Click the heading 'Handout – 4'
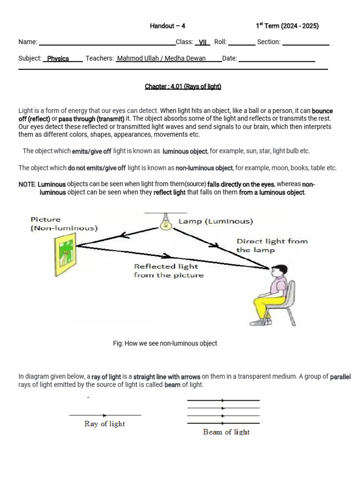click(x=167, y=26)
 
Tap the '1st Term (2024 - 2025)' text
click(x=287, y=26)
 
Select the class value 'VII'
click(x=202, y=42)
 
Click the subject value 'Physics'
click(x=58, y=59)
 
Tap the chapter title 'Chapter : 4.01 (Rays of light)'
click(x=183, y=86)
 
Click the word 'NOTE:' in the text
click(x=27, y=184)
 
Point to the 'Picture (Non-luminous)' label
click(x=64, y=224)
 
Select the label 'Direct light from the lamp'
click(x=272, y=246)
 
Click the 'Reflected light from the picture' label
click(x=169, y=270)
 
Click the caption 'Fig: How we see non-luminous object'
click(x=165, y=343)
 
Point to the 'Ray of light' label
click(x=105, y=424)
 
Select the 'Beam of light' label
click(x=226, y=432)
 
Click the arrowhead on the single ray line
click(x=105, y=415)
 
